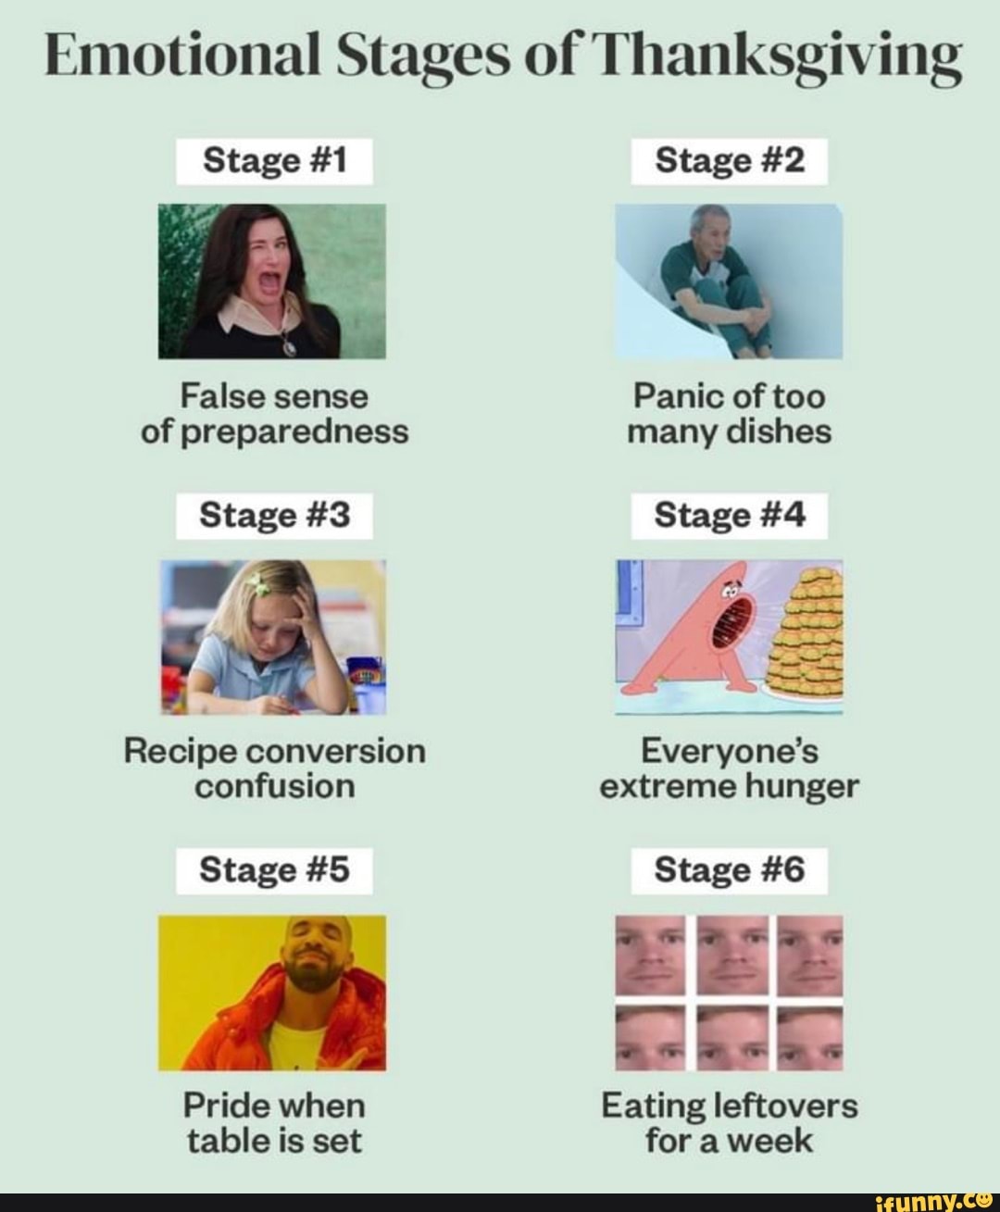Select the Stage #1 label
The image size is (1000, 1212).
pyautogui.click(x=274, y=161)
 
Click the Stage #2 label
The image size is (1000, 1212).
pyautogui.click(x=729, y=161)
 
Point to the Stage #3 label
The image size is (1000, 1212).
pyautogui.click(x=275, y=515)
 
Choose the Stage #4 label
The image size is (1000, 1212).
pyautogui.click(x=729, y=515)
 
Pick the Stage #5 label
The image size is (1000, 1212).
pyautogui.click(x=275, y=869)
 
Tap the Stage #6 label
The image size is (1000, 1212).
pyautogui.click(x=729, y=869)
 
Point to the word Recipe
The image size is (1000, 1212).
pyautogui.click(x=178, y=750)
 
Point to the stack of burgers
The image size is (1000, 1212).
pyautogui.click(x=809, y=635)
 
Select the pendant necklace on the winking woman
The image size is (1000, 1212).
pyautogui.click(x=290, y=345)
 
